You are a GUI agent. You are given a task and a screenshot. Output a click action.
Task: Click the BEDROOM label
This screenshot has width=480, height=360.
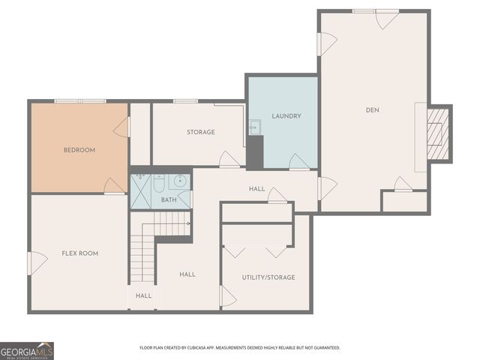(x=79, y=150)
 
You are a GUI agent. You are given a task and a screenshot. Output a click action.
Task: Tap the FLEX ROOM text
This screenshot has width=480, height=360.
(x=79, y=253)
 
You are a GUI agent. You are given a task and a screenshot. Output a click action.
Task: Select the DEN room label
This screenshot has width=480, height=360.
(x=373, y=110)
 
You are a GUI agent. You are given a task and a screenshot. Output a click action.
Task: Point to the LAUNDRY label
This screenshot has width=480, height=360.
(x=286, y=116)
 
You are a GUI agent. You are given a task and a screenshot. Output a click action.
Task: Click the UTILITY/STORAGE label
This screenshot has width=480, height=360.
(x=268, y=277)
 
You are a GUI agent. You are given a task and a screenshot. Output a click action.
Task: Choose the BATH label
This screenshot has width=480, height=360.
(x=169, y=200)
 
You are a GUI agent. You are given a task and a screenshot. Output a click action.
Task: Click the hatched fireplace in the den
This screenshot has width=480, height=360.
(x=437, y=133)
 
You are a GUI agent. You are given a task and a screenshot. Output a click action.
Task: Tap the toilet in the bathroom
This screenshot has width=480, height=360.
(x=159, y=182)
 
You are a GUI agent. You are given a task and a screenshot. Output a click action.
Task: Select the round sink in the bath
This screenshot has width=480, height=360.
(x=180, y=181)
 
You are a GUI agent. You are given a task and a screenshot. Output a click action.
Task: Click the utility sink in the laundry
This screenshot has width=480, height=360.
(x=253, y=127)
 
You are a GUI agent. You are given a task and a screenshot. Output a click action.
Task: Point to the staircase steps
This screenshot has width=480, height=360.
(x=142, y=255)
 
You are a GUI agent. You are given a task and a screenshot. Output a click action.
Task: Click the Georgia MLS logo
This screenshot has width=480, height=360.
(x=27, y=350)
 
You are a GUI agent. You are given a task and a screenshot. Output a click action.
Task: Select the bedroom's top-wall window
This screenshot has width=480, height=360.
(x=79, y=101)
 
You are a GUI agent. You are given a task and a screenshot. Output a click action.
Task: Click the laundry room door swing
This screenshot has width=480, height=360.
(x=298, y=162)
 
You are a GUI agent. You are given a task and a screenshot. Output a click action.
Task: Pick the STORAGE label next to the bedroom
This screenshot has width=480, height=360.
(x=201, y=132)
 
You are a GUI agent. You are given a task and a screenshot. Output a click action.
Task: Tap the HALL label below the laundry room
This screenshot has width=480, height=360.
(x=256, y=188)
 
